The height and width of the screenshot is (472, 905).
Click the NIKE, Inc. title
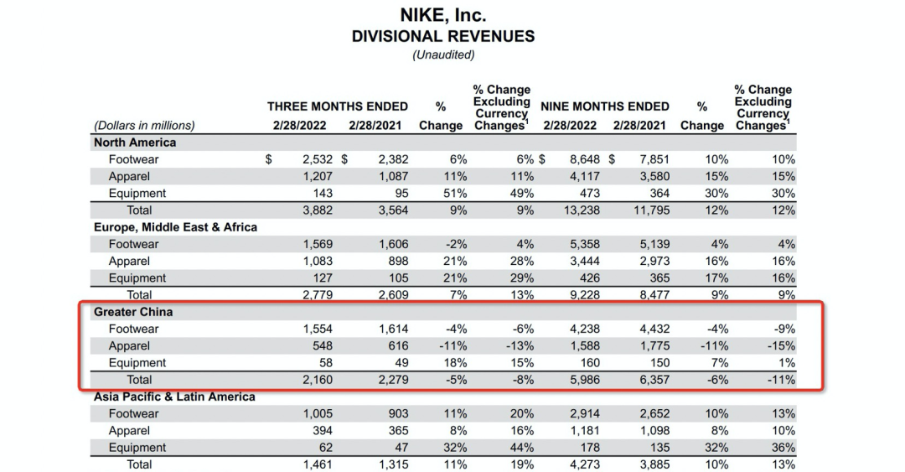443,15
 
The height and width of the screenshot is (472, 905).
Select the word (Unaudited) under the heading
443,54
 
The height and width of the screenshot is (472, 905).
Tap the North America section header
135,143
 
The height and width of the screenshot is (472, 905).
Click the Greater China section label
133,312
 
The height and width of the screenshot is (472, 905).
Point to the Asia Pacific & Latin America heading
174,397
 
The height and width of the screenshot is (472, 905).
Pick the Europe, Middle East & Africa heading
175,227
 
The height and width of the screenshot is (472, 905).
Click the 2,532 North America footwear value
318,159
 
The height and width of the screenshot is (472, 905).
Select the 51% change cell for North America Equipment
453,193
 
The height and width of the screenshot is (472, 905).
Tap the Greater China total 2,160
318,380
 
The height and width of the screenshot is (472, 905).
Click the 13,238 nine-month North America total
578,210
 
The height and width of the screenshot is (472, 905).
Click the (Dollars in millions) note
144,126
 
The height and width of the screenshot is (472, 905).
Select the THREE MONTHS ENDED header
338,106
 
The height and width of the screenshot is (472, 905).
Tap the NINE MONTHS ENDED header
605,106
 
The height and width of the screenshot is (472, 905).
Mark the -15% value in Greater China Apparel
780,345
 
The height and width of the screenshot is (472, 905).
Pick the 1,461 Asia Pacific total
318,464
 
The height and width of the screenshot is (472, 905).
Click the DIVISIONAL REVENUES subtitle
443,36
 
